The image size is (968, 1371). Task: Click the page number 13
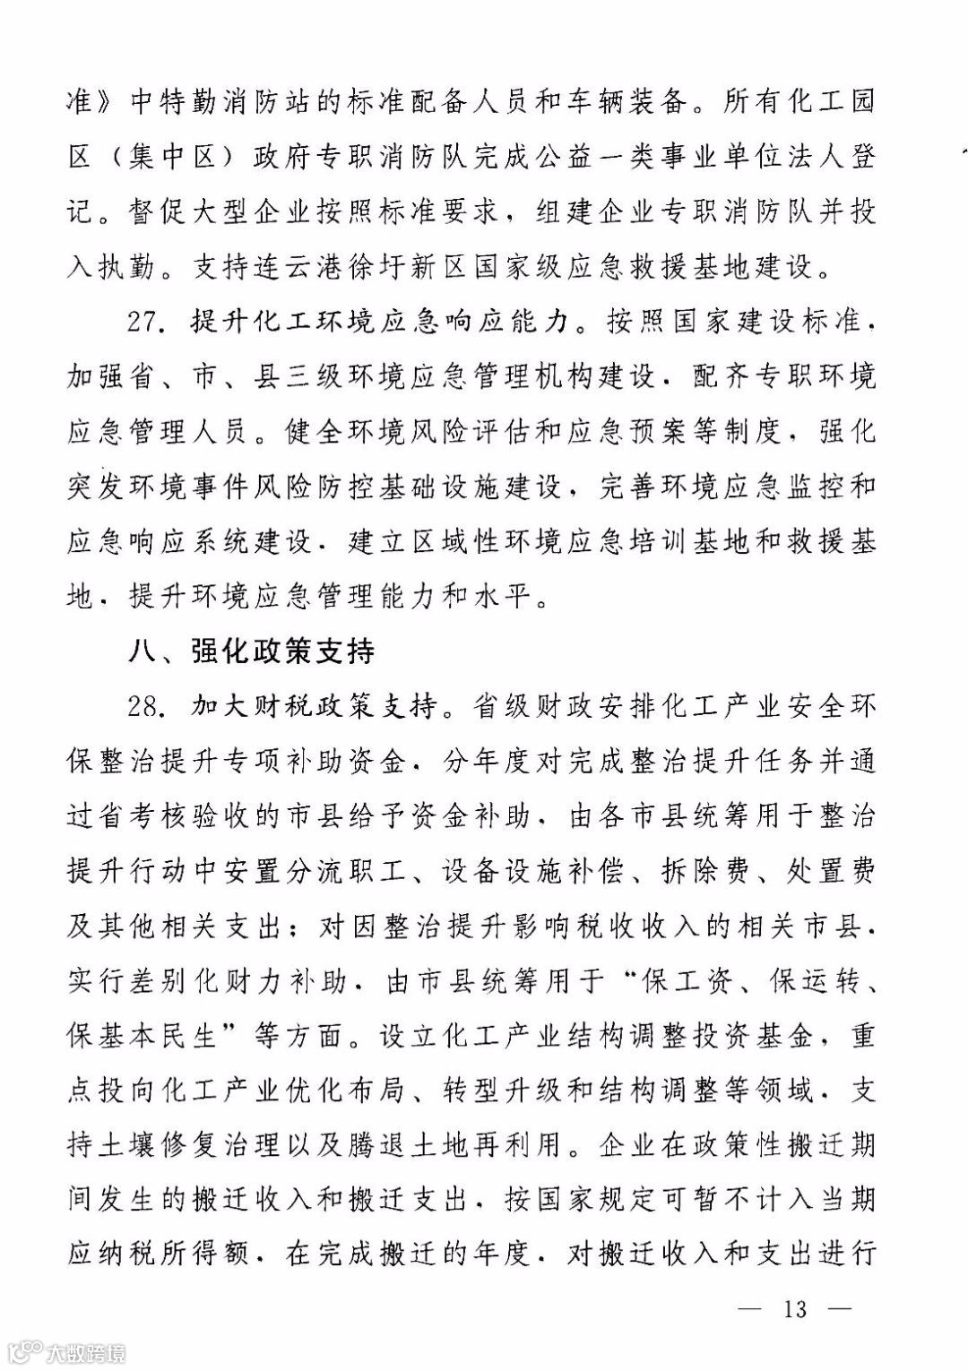pyautogui.click(x=795, y=1309)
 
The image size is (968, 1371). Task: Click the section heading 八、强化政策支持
pyautogui.click(x=251, y=651)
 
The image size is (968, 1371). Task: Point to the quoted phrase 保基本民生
pyautogui.click(x=143, y=1037)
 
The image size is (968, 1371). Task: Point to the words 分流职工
pyautogui.click(x=344, y=872)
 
